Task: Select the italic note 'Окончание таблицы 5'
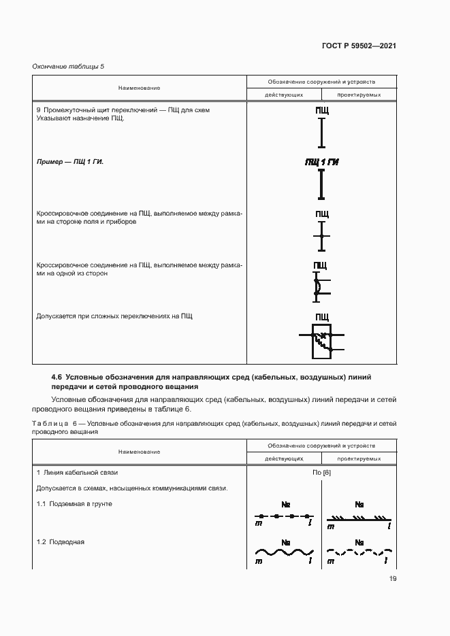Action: pos(68,66)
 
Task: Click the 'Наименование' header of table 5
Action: pos(139,88)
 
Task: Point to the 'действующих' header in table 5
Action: pos(284,95)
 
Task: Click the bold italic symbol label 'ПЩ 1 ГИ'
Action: pos(322,162)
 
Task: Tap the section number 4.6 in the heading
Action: pos(57,377)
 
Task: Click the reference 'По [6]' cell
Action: pos(321,473)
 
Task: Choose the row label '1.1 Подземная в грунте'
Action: pos(74,504)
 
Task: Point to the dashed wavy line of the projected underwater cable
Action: pos(359,552)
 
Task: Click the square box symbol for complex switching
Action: pos(321,340)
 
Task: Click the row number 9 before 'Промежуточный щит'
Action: pos(38,110)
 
